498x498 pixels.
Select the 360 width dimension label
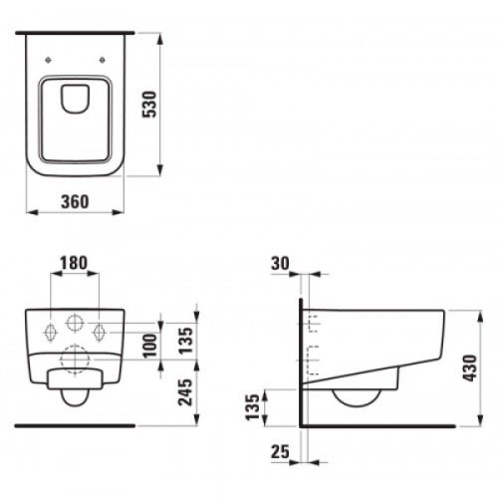pyautogui.click(x=76, y=201)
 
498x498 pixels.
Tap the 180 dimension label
pyautogui.click(x=75, y=265)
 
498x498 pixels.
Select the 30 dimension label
pyautogui.click(x=282, y=265)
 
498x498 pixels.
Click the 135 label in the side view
pyautogui.click(x=254, y=406)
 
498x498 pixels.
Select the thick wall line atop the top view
pyautogui.click(x=76, y=31)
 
